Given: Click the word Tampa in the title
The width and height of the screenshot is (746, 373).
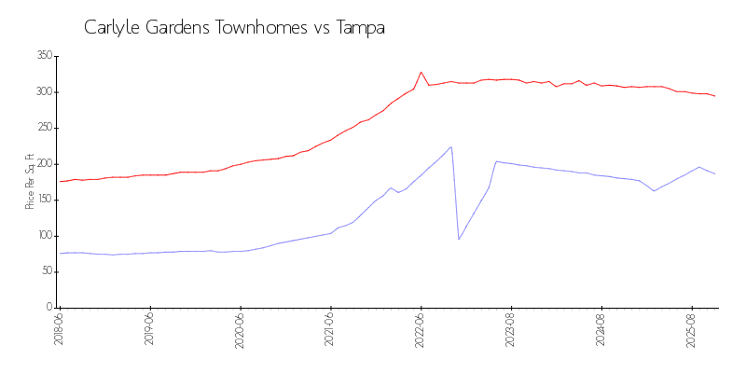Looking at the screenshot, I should [359, 28].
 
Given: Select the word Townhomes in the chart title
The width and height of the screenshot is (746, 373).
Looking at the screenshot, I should [259, 28].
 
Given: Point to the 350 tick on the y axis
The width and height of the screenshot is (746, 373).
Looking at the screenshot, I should [44, 56].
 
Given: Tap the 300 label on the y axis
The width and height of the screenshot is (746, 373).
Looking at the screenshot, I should [44, 92].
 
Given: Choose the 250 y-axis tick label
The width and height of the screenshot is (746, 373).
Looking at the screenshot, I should [44, 128].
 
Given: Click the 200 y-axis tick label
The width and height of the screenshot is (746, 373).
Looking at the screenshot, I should [44, 164].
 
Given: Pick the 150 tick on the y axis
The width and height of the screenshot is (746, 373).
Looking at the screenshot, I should [44, 200].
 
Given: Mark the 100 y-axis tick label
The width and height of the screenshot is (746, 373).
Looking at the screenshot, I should [44, 236].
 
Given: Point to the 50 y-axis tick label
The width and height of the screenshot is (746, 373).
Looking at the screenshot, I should [47, 271].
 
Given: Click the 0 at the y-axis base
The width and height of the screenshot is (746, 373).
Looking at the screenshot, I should [49, 307].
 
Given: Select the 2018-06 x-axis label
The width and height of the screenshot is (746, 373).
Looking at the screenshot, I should [59, 329].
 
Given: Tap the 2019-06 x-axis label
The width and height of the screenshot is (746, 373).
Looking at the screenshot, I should [149, 329].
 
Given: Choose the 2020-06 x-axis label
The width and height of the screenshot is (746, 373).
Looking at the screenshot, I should [240, 329].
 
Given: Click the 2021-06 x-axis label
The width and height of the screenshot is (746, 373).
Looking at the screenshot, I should [330, 329].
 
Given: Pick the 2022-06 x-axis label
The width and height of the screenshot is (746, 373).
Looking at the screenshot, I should [421, 329].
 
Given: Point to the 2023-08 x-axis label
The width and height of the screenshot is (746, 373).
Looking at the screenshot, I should [511, 329].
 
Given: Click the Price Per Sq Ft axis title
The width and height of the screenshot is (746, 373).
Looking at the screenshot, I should [30, 181].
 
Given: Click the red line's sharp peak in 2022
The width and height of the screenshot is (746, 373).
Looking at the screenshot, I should [421, 72].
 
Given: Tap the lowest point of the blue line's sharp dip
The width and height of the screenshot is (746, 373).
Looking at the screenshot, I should [459, 239].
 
